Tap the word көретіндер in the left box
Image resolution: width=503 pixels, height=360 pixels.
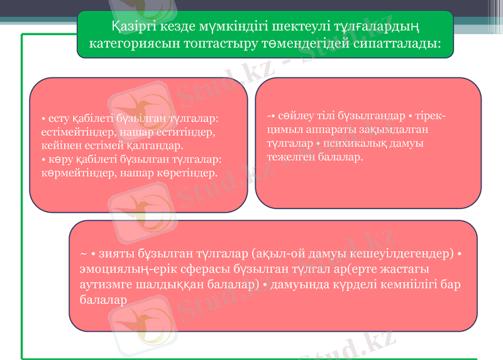coord(189,171)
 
